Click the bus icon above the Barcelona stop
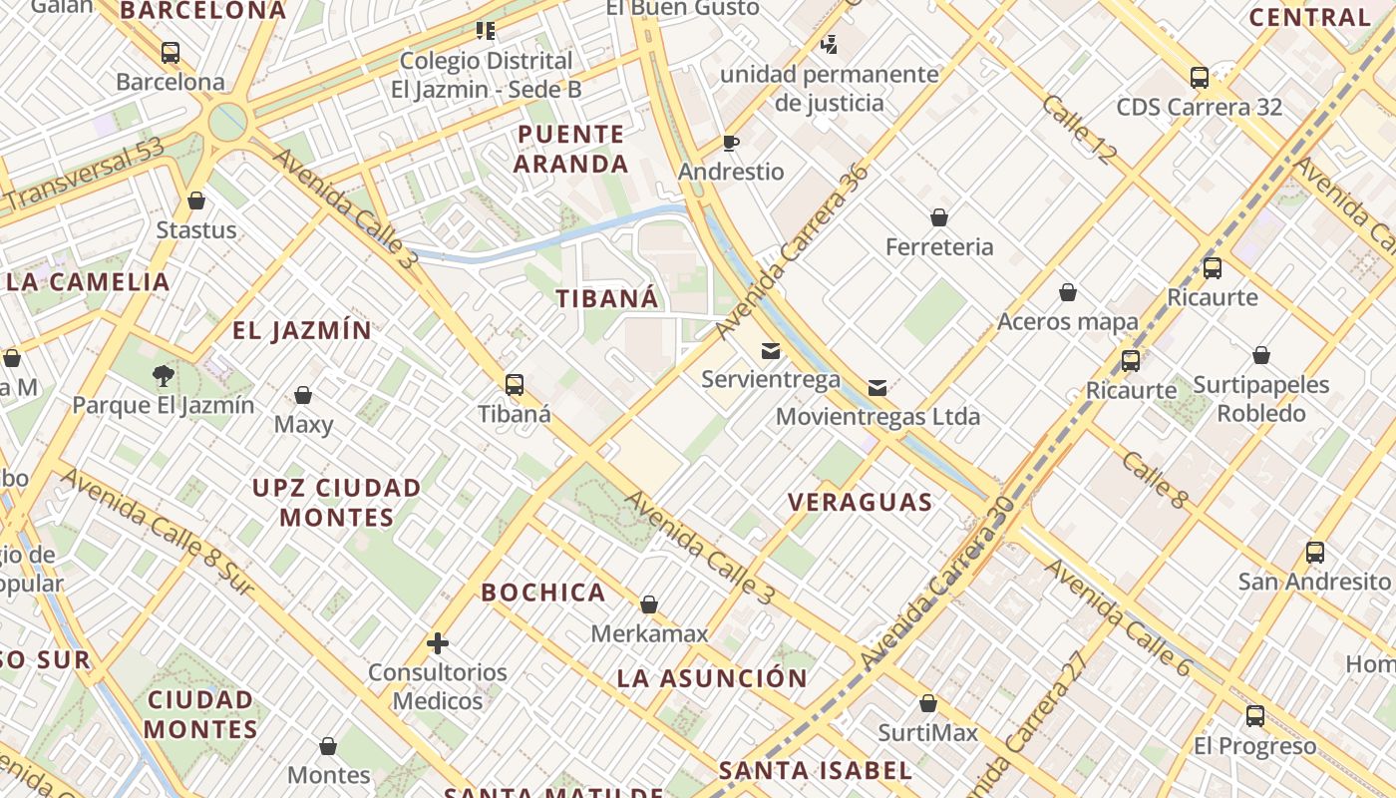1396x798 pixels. [x=171, y=53]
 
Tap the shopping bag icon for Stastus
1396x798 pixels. [x=196, y=200]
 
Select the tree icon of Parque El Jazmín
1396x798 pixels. [x=163, y=376]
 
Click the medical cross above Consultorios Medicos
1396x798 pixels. [x=437, y=643]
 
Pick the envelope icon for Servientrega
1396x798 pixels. [x=771, y=351]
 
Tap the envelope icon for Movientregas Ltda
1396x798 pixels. [x=877, y=388]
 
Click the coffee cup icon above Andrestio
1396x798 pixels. [x=731, y=143]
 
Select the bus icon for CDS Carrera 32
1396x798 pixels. [x=1200, y=77]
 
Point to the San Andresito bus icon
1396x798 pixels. [x=1315, y=552]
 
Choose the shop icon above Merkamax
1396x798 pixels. [x=649, y=604]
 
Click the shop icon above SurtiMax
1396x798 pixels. [x=928, y=704]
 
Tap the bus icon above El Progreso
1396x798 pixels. [x=1255, y=716]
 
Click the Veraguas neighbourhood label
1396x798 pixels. [x=861, y=502]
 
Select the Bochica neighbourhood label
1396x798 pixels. [x=543, y=593]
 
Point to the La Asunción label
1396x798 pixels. [x=712, y=678]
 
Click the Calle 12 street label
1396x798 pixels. [x=1080, y=129]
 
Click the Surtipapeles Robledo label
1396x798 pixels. [x=1261, y=399]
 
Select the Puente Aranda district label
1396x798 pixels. [x=571, y=149]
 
